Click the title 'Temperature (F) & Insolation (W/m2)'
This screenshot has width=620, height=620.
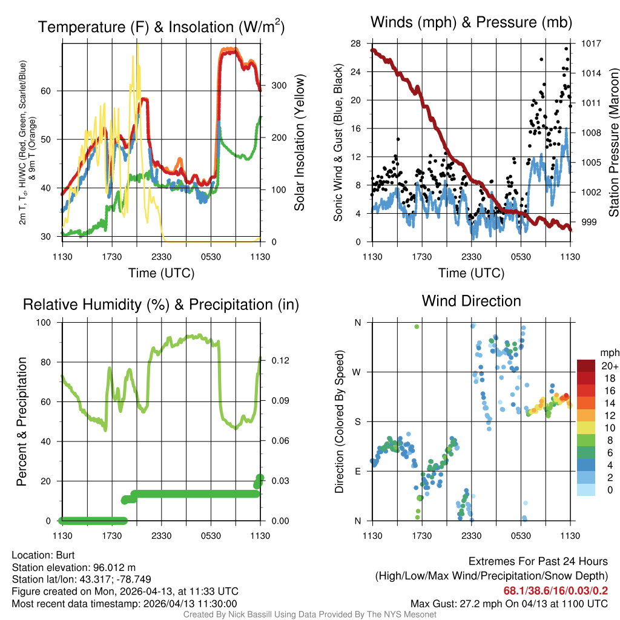click(x=161, y=27)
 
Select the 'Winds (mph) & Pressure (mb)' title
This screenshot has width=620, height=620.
click(x=472, y=22)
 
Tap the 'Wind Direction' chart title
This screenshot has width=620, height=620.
click(x=472, y=301)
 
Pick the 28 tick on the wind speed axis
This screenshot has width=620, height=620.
click(x=356, y=44)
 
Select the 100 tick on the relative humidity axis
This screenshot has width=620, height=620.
click(x=47, y=323)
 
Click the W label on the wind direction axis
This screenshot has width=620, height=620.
click(x=357, y=372)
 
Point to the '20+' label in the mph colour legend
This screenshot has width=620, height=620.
click(x=608, y=366)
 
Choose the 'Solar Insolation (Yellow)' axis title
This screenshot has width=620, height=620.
click(x=299, y=143)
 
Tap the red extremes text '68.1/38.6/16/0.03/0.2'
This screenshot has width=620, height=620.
click(x=556, y=590)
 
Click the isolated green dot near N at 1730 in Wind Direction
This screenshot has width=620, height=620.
click(x=417, y=326)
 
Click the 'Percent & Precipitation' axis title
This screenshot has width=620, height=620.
click(x=21, y=421)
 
